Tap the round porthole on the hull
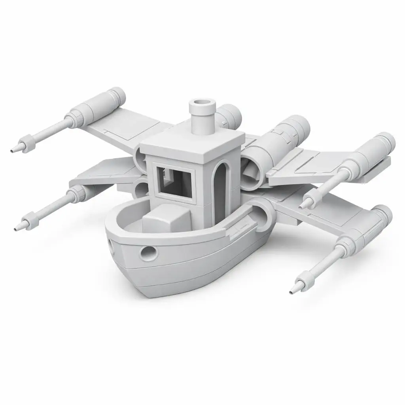pyautogui.click(x=150, y=252)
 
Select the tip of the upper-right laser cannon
pyautogui.click(x=301, y=206)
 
